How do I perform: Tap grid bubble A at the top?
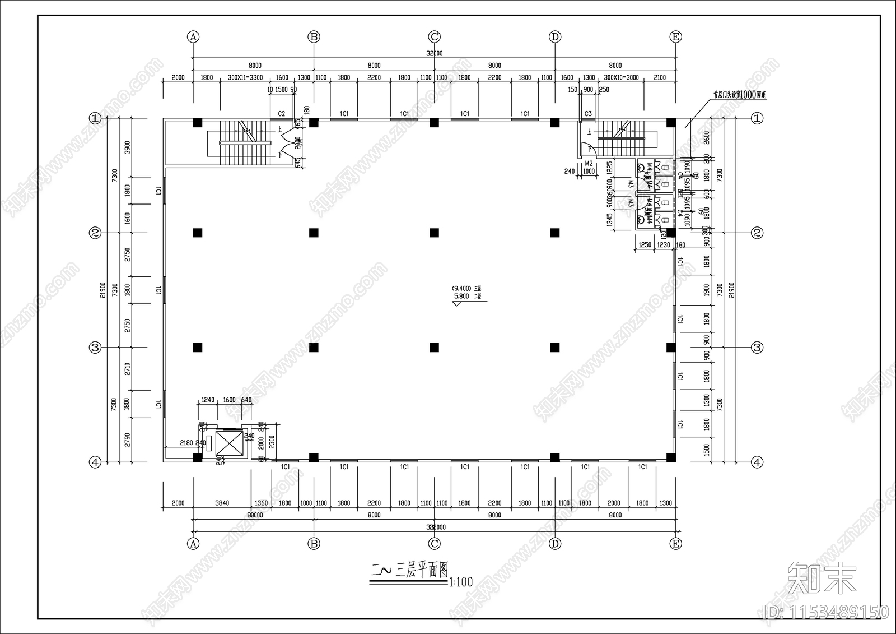point(193,37)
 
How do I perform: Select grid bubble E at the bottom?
point(675,544)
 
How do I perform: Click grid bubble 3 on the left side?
point(95,348)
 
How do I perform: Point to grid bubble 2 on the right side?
point(757,233)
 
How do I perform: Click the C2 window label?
point(282,114)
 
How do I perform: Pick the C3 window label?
point(588,114)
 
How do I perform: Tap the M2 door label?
point(589,164)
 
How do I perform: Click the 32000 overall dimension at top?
point(434,54)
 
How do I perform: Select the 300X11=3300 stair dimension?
point(245,78)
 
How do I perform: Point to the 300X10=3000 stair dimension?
point(621,78)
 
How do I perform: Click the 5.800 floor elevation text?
point(461,297)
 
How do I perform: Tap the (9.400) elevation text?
point(461,289)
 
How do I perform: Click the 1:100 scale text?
point(460,582)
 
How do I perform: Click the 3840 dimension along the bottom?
point(222,503)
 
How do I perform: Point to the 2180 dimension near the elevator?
point(186,443)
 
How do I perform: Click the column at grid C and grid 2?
point(434,233)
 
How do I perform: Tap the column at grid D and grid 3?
point(555,348)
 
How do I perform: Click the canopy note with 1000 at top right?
point(739,95)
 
